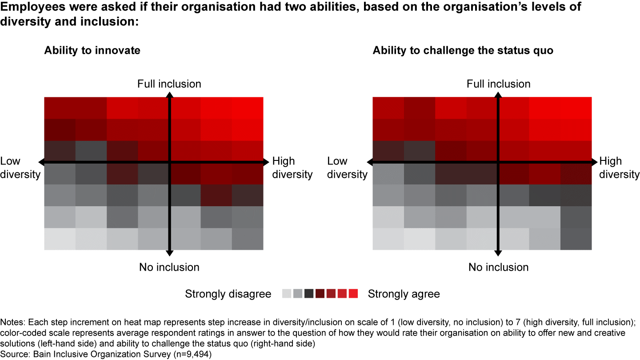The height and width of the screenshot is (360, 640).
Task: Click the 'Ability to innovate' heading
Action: click(92, 51)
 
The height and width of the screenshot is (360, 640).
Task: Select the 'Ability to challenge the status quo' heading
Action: click(463, 51)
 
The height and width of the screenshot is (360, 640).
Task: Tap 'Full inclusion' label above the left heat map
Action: click(169, 84)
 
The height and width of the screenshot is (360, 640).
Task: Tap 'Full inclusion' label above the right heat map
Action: click(499, 84)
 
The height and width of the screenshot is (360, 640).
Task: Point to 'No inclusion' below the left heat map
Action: click(169, 267)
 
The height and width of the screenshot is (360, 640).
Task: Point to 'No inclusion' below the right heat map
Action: click(499, 267)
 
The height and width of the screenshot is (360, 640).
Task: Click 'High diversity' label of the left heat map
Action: click(292, 168)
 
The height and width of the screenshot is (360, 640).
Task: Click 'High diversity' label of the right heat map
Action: click(619, 168)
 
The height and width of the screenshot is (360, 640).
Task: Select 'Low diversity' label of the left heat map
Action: click(20, 168)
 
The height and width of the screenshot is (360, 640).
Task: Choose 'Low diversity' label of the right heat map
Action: click(347, 168)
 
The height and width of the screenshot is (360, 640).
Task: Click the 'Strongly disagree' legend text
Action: click(228, 294)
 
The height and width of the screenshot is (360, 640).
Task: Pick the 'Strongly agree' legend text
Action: click(404, 294)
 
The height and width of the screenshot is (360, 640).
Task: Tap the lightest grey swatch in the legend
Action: click(287, 294)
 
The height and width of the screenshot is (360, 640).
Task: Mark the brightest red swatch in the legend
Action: click(353, 294)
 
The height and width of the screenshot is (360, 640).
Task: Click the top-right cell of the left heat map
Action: click(248, 108)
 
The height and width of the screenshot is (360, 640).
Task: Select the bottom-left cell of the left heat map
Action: click(60, 239)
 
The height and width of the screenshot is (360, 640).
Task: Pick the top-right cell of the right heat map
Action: click(576, 108)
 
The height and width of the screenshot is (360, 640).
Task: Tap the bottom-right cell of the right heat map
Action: click(576, 239)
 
